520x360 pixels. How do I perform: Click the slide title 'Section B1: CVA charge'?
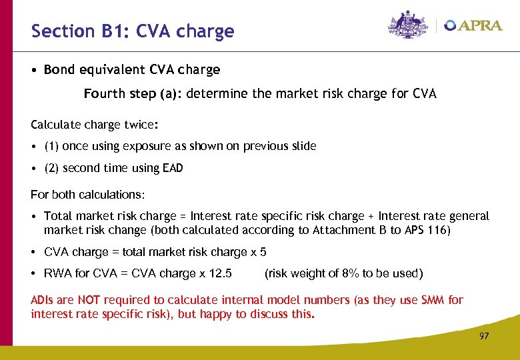[133, 31]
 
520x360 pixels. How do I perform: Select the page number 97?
[484, 336]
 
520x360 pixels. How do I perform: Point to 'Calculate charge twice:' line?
[95, 125]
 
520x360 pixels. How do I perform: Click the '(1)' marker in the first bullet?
[51, 146]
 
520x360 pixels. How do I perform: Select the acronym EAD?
[171, 169]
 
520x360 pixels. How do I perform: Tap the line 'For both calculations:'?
[87, 195]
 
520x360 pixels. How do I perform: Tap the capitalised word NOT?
[89, 300]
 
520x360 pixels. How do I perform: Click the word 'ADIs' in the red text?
[42, 300]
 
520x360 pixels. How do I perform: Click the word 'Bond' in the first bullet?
[59, 69]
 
